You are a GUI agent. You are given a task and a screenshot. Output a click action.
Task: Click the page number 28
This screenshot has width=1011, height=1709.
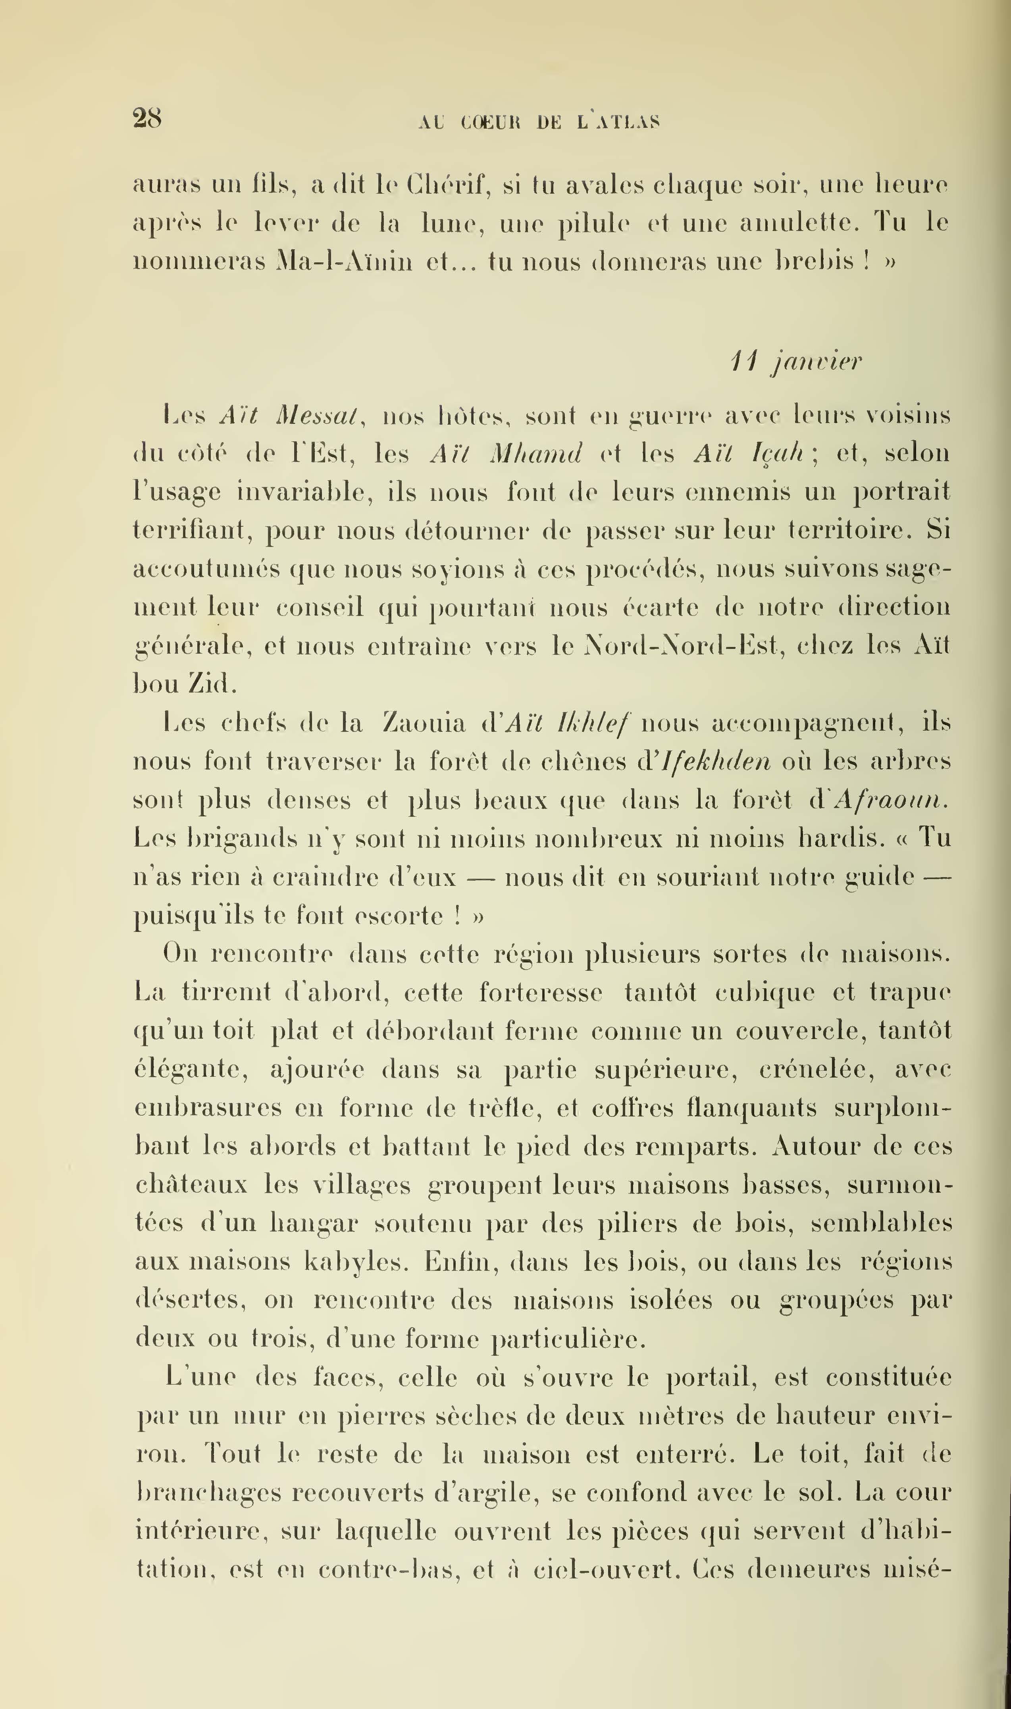coord(147,119)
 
